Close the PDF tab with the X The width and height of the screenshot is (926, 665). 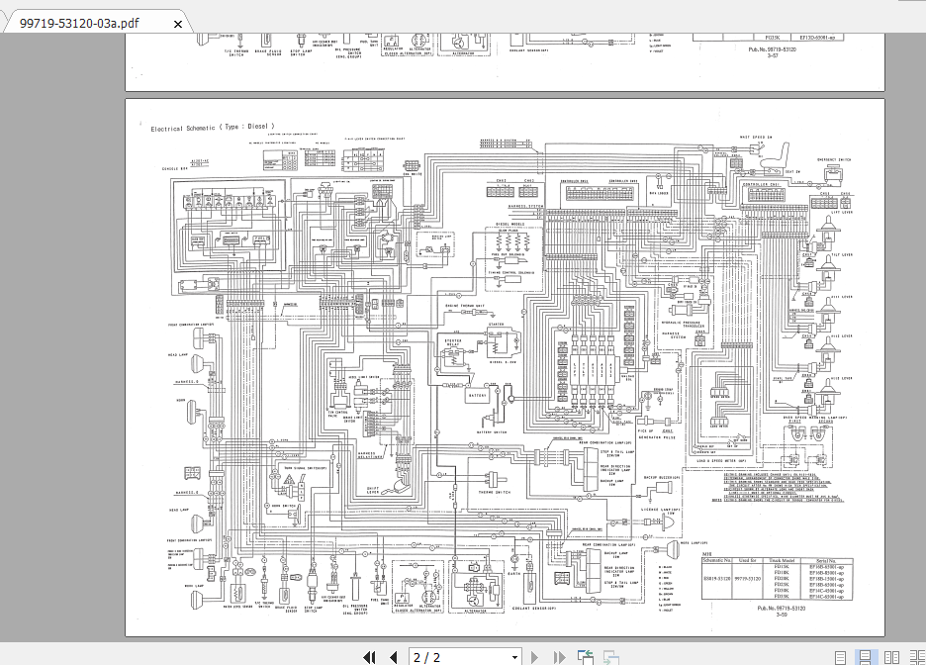[178, 23]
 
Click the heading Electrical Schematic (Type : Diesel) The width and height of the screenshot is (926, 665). [212, 128]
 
